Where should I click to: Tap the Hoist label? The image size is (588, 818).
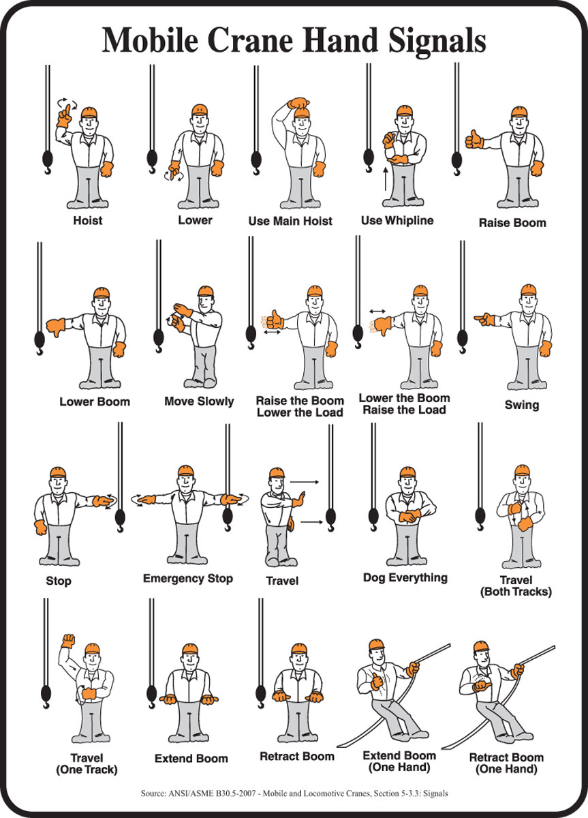tap(88, 221)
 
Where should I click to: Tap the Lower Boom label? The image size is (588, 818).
tap(94, 401)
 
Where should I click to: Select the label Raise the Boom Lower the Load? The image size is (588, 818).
tap(299, 406)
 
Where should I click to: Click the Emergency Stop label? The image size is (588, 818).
tap(188, 579)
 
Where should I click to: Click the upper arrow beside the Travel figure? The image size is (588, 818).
tap(305, 482)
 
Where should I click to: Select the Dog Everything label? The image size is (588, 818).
tap(405, 578)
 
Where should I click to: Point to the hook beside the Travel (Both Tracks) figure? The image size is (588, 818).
tap(480, 517)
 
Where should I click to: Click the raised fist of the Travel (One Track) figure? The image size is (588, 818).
tap(67, 640)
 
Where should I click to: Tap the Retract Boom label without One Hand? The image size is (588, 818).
tap(297, 757)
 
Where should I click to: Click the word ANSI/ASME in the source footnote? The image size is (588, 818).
tap(198, 793)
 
